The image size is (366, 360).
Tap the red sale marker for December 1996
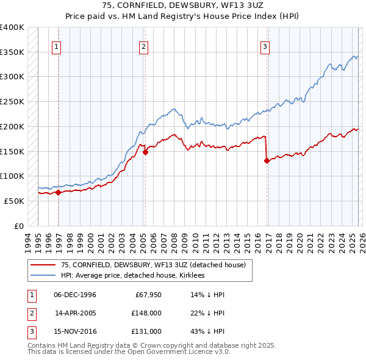(59, 192)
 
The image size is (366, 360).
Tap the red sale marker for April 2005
(145, 153)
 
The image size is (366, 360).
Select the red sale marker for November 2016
(267, 161)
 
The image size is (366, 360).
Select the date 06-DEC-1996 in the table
(75, 295)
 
